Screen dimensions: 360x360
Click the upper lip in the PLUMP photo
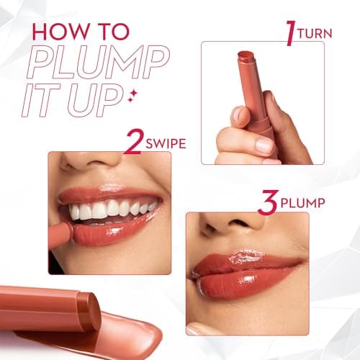click(245, 263)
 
